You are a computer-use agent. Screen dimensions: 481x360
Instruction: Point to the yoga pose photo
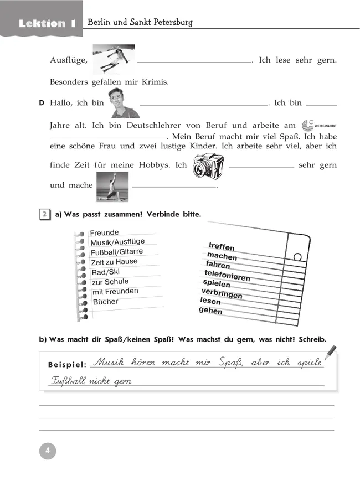112,186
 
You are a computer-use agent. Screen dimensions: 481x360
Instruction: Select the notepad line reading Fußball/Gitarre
117,252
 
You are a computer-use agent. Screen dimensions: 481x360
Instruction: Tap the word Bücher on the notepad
105,302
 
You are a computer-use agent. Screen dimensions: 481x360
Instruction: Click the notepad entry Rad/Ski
105,272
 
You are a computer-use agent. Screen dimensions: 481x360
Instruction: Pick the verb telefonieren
227,275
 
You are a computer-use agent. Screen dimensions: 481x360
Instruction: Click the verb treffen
222,247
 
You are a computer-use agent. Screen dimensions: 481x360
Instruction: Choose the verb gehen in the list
210,311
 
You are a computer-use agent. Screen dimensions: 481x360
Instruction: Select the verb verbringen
222,293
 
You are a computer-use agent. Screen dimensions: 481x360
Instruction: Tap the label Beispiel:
67,365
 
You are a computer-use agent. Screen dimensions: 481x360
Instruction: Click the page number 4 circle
48,451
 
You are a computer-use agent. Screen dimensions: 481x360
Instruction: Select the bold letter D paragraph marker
42,103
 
